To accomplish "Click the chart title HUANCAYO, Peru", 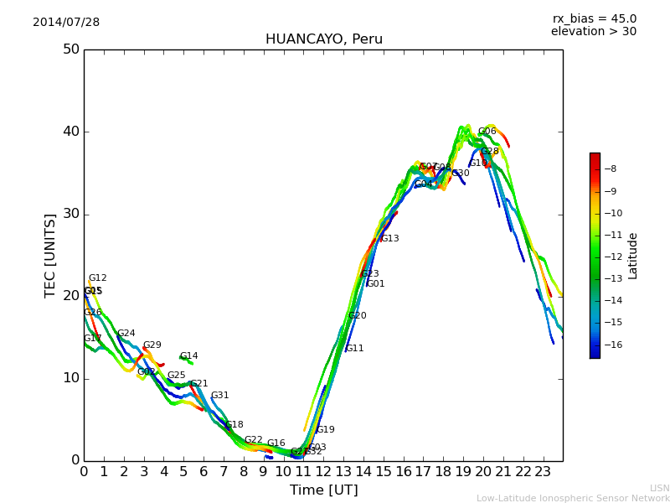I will [x=323, y=39].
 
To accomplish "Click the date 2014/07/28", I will [x=66, y=23].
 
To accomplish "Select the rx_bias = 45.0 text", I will [x=594, y=19].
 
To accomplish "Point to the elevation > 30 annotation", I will [x=593, y=32].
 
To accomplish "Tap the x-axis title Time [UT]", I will [x=323, y=490].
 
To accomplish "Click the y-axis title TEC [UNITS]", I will [x=50, y=255].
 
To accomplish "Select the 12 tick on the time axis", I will [x=323, y=472].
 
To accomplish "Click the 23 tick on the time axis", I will [x=543, y=472].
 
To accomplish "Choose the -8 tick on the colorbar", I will [x=611, y=169].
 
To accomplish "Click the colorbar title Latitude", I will [x=633, y=256].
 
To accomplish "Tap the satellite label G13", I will [x=389, y=239].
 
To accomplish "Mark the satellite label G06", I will [x=487, y=132].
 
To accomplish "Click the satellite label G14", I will [x=189, y=356].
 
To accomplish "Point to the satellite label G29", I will [x=152, y=345].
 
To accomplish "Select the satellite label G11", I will [x=355, y=349].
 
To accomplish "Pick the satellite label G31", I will [x=219, y=396].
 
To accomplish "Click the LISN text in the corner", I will [x=660, y=489].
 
